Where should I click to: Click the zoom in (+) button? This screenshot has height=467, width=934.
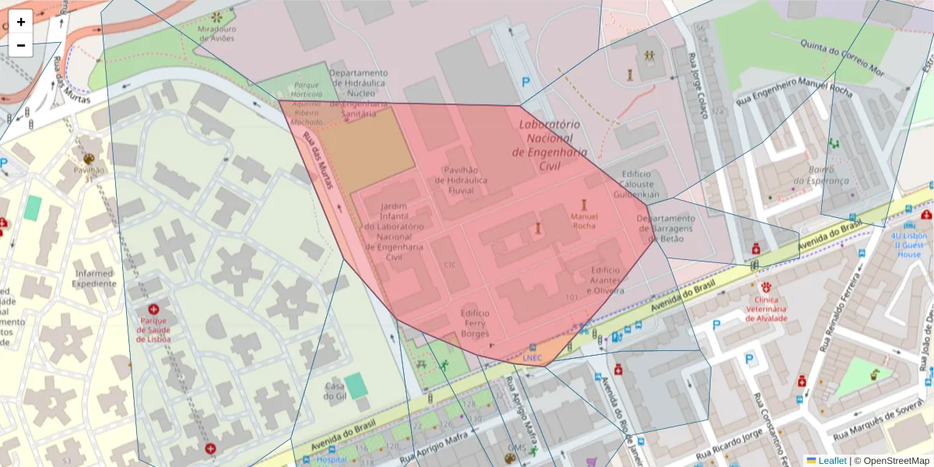[x=21, y=22]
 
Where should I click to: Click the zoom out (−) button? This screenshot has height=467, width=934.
[x=21, y=45]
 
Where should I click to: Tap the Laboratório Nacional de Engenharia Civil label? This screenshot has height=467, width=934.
[x=550, y=145]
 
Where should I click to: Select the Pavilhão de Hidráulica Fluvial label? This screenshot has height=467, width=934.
[x=465, y=179]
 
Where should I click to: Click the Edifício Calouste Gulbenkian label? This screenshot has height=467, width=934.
[x=641, y=184]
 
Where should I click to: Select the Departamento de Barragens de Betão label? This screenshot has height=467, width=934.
[x=665, y=229]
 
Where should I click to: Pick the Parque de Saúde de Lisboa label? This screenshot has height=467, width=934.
[x=153, y=328]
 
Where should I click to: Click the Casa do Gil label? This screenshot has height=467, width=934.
[x=335, y=392]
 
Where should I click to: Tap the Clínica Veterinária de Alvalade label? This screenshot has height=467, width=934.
[x=767, y=308]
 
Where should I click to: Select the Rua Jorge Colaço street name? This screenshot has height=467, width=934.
[x=697, y=86]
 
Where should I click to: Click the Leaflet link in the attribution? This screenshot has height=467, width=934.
[x=832, y=460]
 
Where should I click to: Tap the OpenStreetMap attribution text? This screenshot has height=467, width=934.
[x=892, y=460]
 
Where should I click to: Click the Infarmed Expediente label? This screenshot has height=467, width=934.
[x=95, y=279]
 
